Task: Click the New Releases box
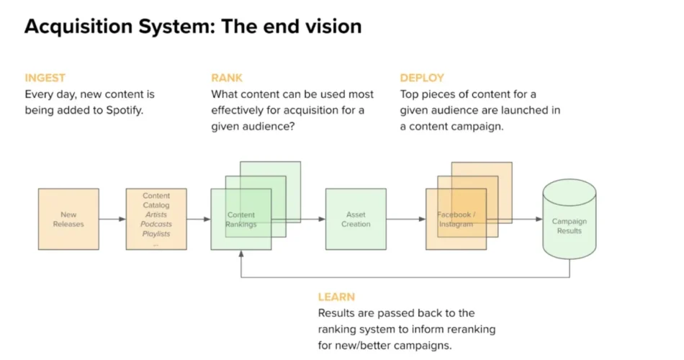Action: click(x=68, y=219)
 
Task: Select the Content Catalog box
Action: click(x=156, y=219)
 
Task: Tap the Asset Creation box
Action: click(x=356, y=219)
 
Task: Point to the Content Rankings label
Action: click(x=241, y=220)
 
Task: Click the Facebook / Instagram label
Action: click(x=456, y=220)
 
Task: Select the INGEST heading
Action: click(x=44, y=78)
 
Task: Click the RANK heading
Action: click(x=227, y=78)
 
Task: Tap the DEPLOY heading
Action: click(x=422, y=78)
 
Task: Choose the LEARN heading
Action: click(x=336, y=297)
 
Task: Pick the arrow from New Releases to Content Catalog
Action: click(x=112, y=219)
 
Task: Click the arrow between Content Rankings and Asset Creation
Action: click(x=298, y=219)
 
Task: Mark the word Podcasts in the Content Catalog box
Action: click(x=156, y=224)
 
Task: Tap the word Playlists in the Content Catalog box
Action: click(x=156, y=234)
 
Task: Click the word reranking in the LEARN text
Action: click(x=468, y=329)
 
